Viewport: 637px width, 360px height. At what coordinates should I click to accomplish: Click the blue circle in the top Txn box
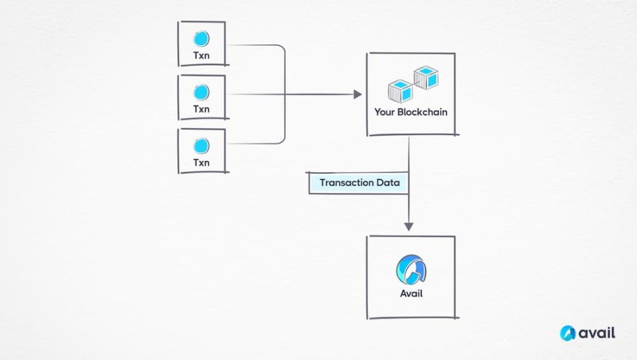(201, 39)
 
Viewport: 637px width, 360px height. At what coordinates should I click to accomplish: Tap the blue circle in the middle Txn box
(201, 93)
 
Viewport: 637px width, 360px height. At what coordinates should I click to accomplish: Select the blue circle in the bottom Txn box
(201, 146)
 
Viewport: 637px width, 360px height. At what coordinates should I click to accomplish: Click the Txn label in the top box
(202, 56)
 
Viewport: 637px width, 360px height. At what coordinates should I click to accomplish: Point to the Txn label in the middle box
(202, 109)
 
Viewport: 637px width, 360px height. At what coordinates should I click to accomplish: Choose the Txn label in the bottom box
(202, 163)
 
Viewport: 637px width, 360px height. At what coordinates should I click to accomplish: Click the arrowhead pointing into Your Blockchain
(357, 95)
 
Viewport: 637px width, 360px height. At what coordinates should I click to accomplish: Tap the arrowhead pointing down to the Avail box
(408, 226)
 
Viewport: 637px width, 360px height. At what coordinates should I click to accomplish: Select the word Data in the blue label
(388, 182)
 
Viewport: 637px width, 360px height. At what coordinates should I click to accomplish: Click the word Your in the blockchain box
(384, 112)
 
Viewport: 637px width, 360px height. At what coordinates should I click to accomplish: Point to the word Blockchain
(422, 112)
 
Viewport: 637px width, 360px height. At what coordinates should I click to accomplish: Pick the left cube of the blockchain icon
(400, 91)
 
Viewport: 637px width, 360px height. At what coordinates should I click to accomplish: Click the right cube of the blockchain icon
(426, 78)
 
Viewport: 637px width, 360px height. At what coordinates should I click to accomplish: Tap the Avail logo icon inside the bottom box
(411, 270)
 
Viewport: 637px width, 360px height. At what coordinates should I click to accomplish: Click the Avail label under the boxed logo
(411, 294)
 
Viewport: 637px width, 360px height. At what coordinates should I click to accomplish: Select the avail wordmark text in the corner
(597, 333)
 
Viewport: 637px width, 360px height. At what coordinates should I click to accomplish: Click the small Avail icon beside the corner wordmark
(568, 333)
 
